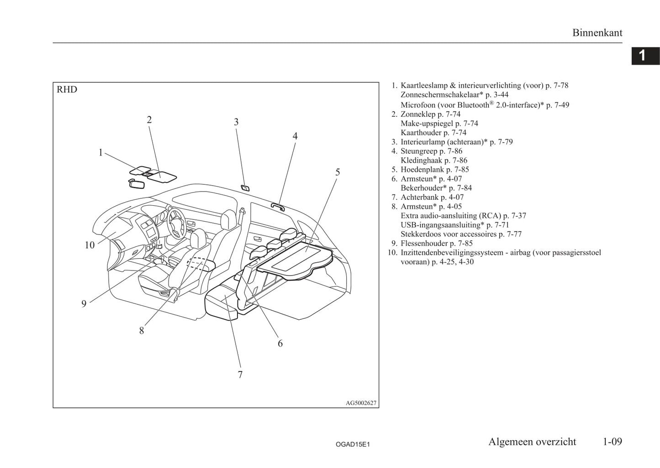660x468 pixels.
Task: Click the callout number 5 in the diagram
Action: (338, 172)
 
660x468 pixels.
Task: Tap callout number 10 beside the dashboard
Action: (90, 245)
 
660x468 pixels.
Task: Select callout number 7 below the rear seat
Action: (240, 374)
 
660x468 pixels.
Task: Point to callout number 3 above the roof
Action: (236, 122)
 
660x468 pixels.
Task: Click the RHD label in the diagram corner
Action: (67, 89)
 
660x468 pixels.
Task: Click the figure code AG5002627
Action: (361, 403)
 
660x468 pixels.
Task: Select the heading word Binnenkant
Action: (597, 33)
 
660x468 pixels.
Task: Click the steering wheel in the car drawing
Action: (176, 224)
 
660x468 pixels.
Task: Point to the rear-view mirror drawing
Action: (137, 184)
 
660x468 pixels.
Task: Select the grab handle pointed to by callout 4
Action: (278, 207)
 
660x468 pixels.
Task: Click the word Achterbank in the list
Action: (419, 197)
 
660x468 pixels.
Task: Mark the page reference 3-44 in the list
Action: (501, 95)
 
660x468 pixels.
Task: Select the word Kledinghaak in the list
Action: (421, 161)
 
